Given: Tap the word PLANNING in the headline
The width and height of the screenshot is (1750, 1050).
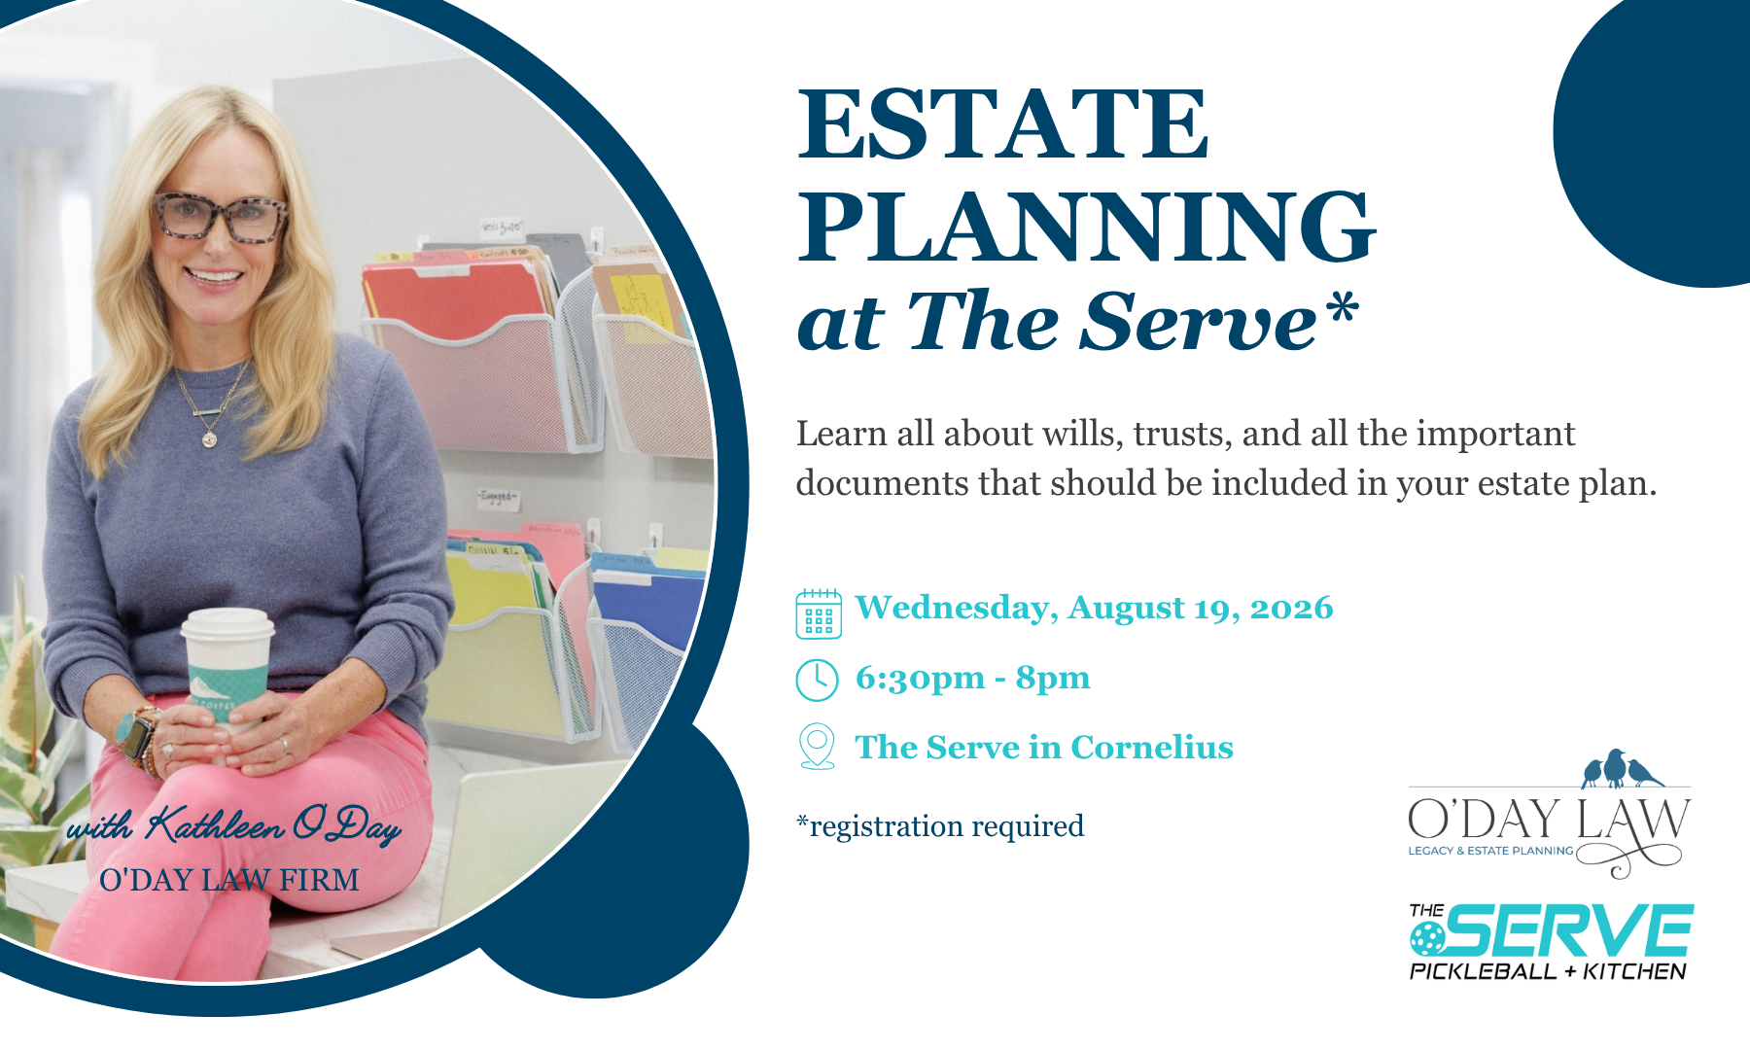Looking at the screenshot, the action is [1087, 226].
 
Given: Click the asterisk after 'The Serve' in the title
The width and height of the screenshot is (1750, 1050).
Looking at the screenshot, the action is [1342, 307].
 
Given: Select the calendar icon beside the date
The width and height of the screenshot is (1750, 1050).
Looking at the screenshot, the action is [819, 613].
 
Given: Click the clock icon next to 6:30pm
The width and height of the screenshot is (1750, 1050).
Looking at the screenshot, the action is [817, 680].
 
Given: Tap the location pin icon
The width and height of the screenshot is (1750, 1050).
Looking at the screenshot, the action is [817, 747].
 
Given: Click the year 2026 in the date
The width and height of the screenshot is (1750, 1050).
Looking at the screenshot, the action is [1291, 609].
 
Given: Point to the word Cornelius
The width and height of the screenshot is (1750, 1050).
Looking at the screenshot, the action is [1152, 747].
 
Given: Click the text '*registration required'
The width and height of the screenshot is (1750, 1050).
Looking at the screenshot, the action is [940, 826].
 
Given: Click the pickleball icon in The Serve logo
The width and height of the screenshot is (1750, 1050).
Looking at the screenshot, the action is [1428, 939].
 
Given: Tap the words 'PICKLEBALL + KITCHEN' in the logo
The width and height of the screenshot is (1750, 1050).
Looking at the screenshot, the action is [1548, 971].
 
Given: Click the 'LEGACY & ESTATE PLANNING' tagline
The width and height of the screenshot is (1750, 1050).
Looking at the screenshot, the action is [1490, 851].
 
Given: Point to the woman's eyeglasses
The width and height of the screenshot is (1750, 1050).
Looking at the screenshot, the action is [221, 217].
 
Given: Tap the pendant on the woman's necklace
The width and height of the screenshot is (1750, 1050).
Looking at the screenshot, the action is [209, 439].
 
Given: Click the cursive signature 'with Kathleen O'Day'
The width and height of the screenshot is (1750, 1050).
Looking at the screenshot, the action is [233, 825].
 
